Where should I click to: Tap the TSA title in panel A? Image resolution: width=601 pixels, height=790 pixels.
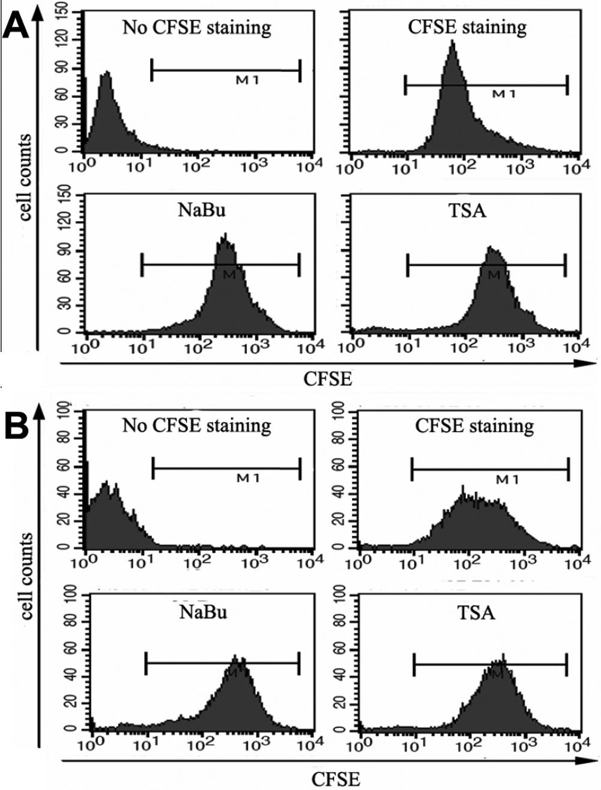(467, 211)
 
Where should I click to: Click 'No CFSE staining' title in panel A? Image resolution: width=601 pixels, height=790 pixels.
(197, 27)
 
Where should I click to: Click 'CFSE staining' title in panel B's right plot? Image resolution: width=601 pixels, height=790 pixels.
(474, 426)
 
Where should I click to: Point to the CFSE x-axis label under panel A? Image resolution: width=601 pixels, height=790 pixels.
(328, 379)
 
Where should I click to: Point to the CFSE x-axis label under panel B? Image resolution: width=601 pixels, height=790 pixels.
(336, 779)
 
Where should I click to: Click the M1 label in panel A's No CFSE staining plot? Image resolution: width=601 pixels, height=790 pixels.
(248, 80)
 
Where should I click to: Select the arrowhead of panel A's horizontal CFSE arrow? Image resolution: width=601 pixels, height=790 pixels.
(590, 363)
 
